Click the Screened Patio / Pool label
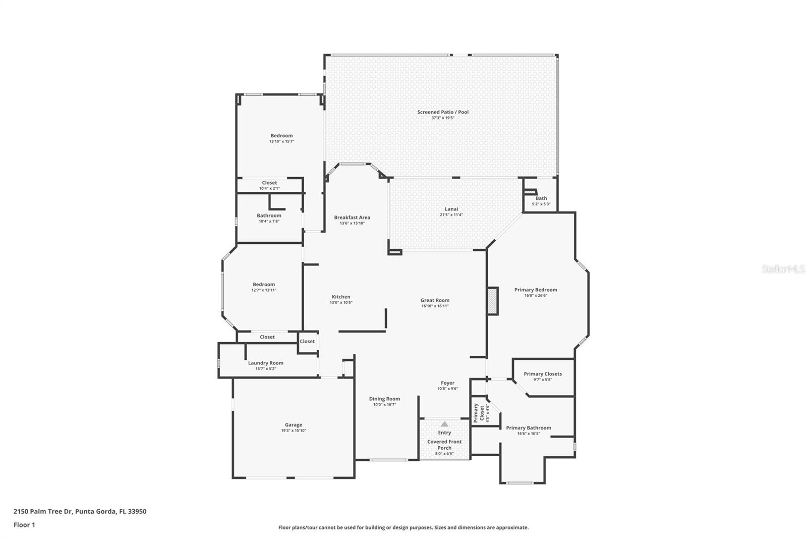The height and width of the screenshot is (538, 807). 442,112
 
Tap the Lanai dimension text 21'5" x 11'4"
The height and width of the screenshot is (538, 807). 451,215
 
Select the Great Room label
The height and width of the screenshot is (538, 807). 435,300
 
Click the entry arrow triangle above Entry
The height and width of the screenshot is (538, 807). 444,424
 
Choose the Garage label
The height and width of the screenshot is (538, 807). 293,425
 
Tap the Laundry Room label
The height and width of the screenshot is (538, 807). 265,363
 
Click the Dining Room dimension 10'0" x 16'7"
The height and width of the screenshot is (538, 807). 384,404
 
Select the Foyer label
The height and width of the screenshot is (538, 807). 447,383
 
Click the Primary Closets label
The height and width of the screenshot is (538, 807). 542,374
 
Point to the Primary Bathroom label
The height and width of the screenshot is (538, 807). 528,428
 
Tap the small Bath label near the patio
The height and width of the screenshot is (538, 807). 541,198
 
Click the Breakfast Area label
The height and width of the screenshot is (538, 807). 352,218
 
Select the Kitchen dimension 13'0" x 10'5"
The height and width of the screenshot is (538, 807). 341,302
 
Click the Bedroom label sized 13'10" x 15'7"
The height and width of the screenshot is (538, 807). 281,136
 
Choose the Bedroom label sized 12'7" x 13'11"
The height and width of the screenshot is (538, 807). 264,285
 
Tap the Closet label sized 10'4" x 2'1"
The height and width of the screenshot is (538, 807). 269,183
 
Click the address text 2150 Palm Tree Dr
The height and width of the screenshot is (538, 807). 43,511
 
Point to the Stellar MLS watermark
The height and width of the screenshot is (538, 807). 783,270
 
